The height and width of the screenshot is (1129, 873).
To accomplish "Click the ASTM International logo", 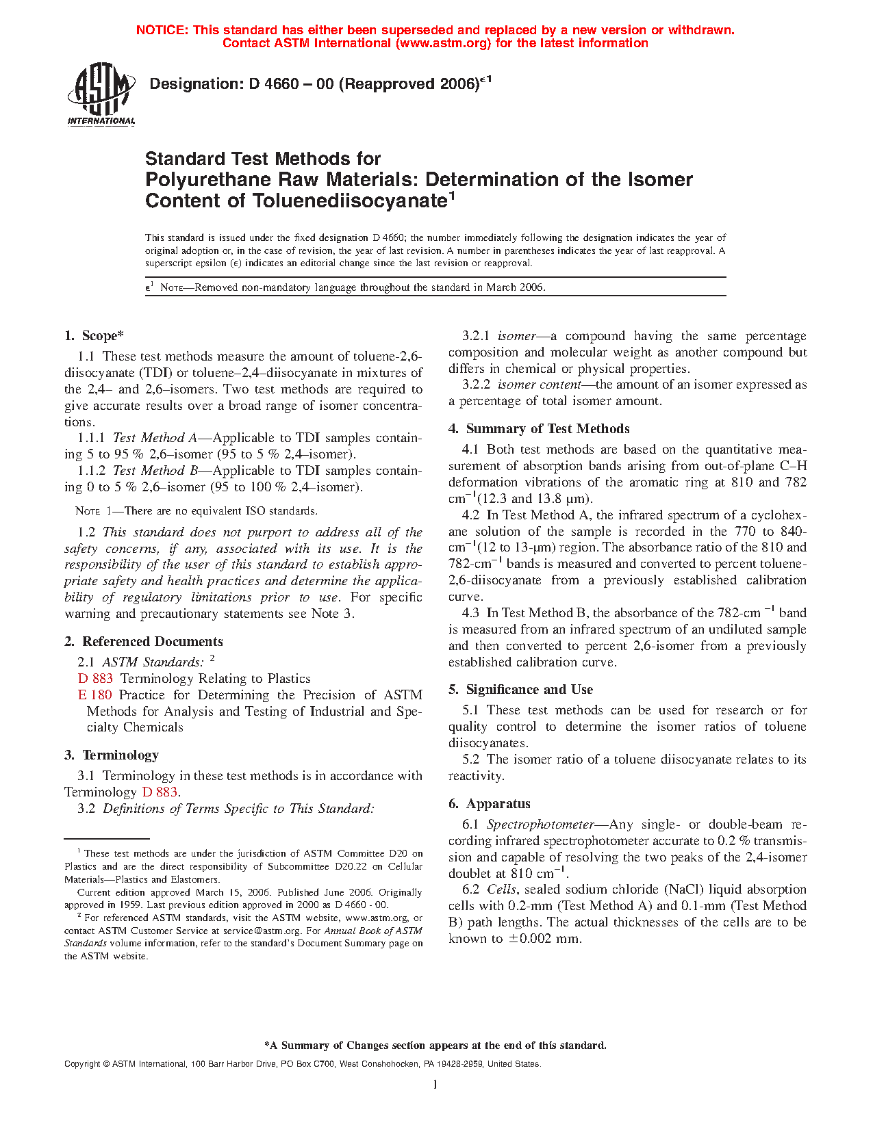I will tap(101, 94).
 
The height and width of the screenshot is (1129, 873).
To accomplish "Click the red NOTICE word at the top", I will tap(162, 30).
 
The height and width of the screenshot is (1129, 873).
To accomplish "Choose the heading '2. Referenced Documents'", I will tap(144, 642).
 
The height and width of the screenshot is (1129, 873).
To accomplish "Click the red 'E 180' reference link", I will tap(94, 695).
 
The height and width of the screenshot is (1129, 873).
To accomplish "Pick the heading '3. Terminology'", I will tap(112, 755).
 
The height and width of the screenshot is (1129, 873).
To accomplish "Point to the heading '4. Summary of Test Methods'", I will tap(539, 429).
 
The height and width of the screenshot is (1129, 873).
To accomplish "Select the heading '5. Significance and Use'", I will tap(520, 690).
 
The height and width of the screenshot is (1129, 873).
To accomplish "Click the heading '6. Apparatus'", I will tap(490, 804).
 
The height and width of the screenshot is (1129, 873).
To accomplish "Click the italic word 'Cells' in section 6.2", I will tap(501, 890).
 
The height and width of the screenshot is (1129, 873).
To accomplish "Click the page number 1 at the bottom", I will tap(435, 1085).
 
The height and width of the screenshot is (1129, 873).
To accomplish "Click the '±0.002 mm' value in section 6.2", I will tap(544, 939).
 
